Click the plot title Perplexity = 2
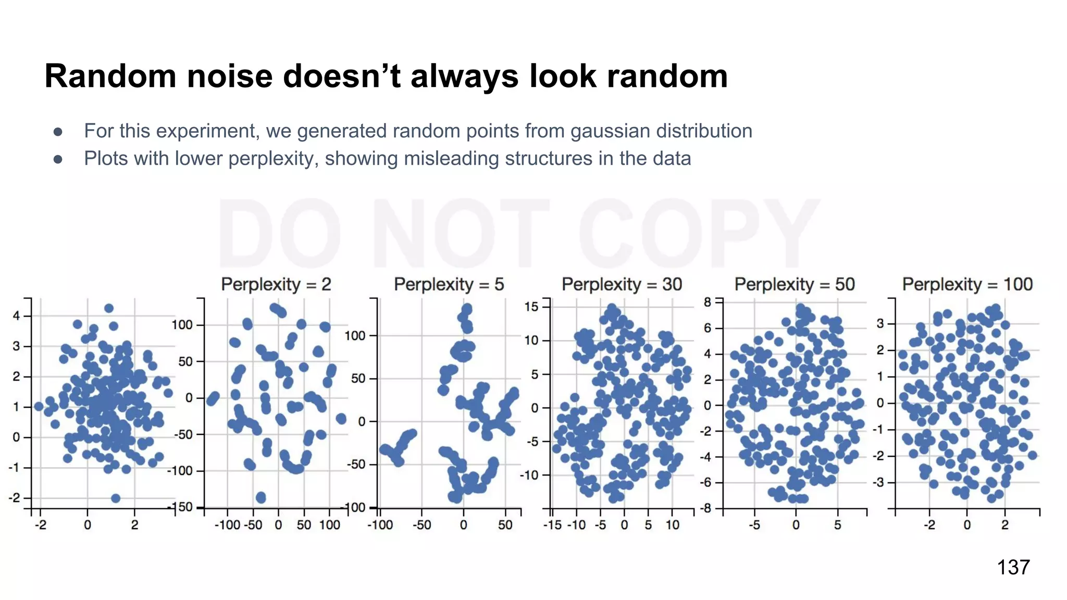coord(276,284)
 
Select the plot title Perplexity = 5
coord(449,284)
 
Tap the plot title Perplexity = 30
coord(622,284)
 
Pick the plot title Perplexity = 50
coord(795,284)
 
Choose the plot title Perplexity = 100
coord(967,284)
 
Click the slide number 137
coord(1013,567)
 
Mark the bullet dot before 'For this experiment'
coord(58,132)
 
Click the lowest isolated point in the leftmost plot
coord(116,498)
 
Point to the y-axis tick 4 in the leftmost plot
coord(16,316)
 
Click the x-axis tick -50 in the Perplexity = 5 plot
coord(421,525)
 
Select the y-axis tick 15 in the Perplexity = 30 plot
coord(531,307)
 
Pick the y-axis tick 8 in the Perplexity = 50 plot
coord(707,302)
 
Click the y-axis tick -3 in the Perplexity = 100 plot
coord(879,482)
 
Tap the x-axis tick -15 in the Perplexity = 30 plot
coord(552,525)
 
